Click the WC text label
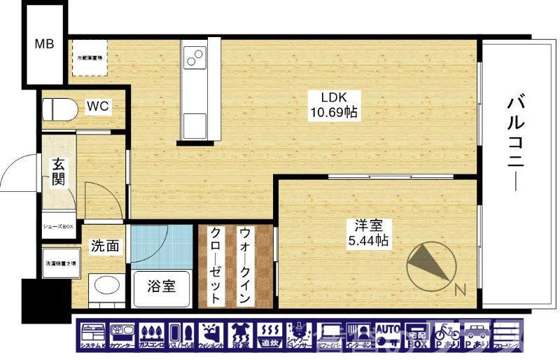click(97, 106)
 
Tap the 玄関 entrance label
click(58, 172)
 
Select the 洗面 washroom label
click(104, 247)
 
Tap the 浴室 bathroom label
click(161, 286)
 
